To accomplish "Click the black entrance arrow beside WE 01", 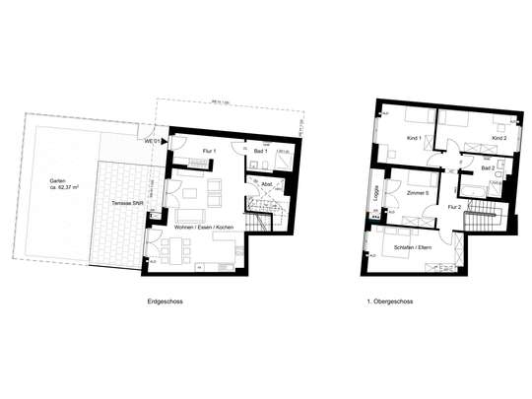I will point(164,143).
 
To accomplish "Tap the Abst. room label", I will point(266,185).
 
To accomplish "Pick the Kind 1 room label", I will point(413,139).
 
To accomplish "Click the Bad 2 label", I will point(487,168).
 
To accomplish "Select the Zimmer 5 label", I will point(419,194).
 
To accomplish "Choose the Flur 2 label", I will point(454,207).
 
